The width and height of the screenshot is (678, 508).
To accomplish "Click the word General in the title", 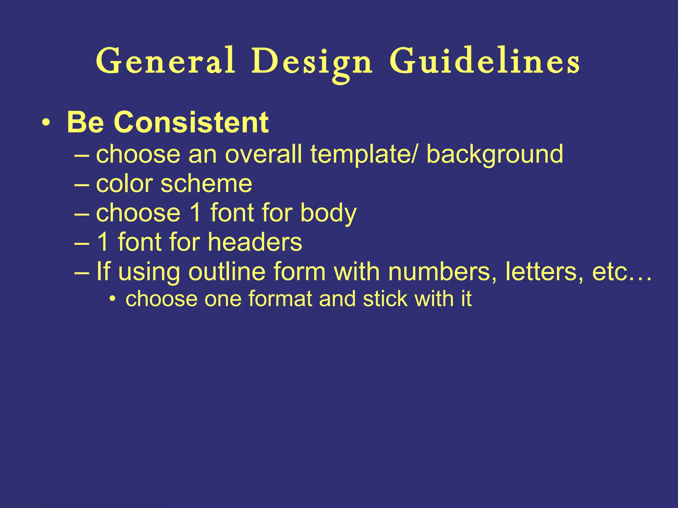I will (x=166, y=61).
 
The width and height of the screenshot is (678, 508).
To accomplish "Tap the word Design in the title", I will (x=312, y=63).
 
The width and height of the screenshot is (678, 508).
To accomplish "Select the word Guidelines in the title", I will (x=484, y=61).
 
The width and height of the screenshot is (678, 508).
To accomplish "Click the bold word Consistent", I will (x=191, y=122).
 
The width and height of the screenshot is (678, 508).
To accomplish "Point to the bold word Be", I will (x=85, y=122).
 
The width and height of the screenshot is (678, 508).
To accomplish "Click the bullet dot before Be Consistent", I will (x=46, y=123).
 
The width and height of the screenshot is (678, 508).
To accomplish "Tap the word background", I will (x=495, y=155).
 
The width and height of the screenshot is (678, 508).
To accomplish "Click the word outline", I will (x=227, y=272).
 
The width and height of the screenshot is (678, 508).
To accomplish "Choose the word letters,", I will (x=545, y=272).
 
